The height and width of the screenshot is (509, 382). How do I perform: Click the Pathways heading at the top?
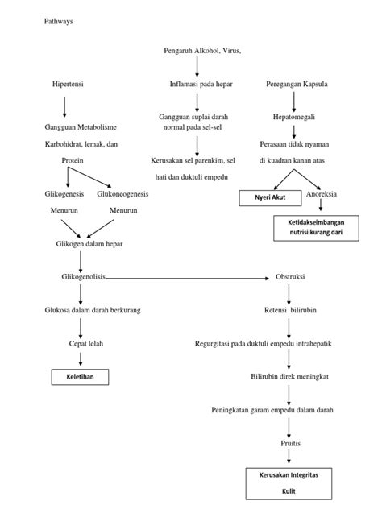click(x=58, y=22)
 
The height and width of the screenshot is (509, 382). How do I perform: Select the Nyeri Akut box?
click(x=268, y=197)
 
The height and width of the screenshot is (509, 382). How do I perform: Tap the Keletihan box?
click(x=79, y=376)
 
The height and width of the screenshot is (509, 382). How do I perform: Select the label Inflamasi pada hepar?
click(x=197, y=84)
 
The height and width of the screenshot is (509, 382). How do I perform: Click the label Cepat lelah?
click(x=80, y=342)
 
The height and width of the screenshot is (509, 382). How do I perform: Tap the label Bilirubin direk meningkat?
click(x=289, y=375)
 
